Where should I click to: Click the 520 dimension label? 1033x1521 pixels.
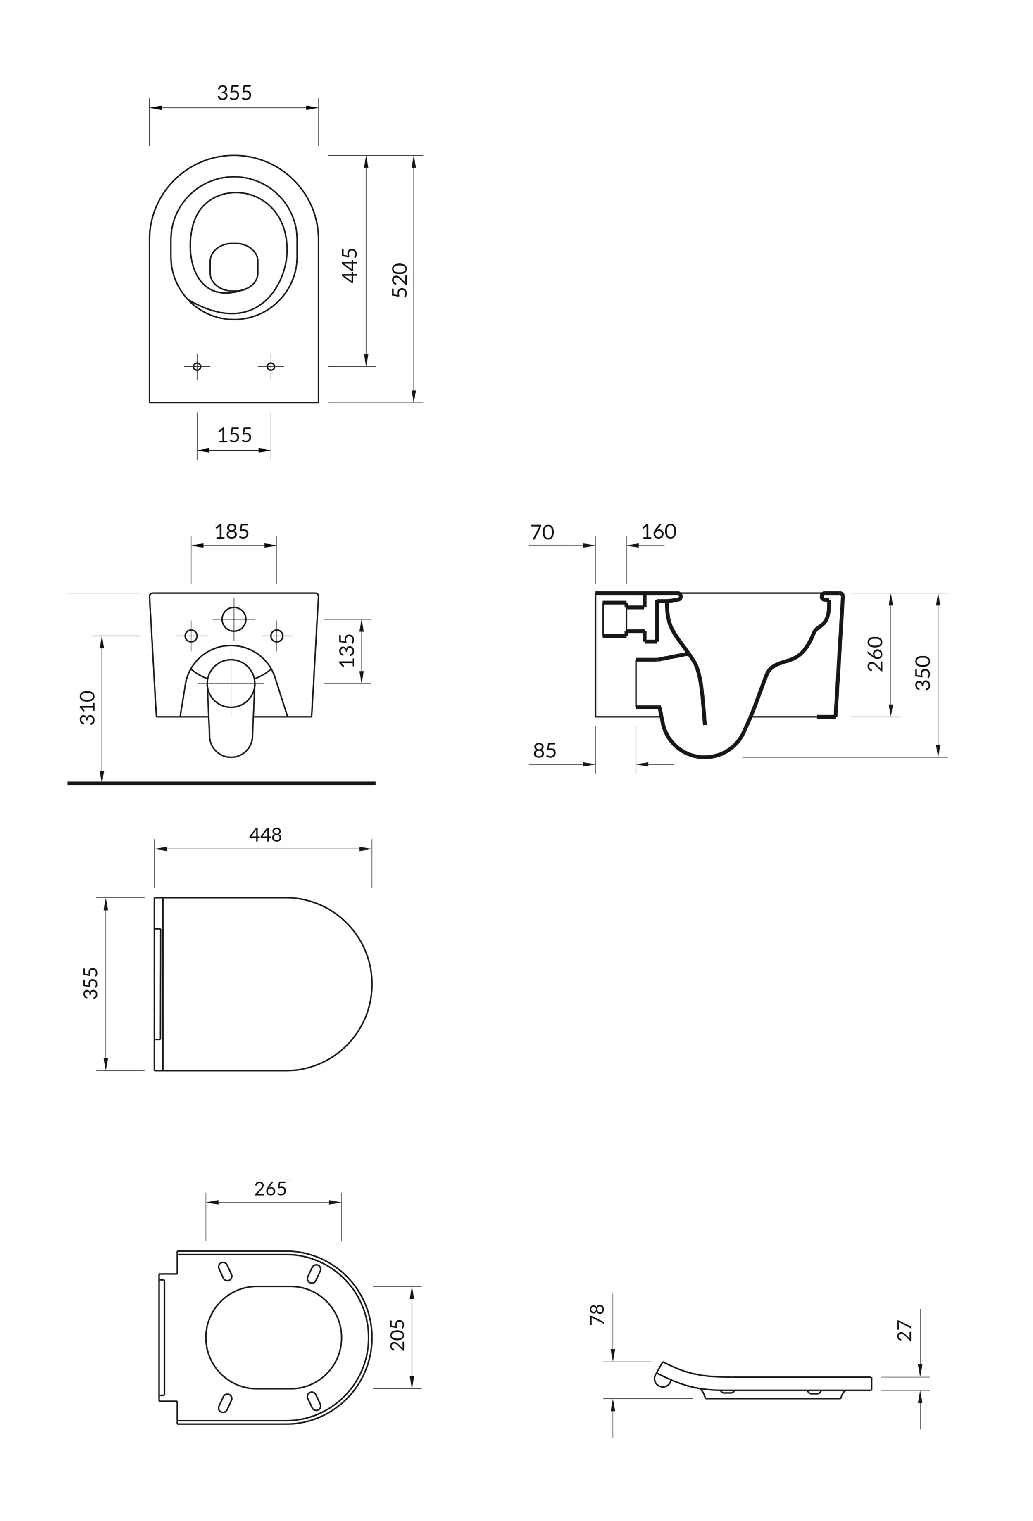(399, 280)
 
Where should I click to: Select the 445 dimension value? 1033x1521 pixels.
(350, 265)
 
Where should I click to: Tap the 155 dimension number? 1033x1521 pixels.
(234, 435)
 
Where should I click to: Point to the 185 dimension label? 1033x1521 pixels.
(232, 532)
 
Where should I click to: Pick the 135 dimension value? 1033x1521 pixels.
(347, 650)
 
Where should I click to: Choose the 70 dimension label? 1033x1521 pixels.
(542, 532)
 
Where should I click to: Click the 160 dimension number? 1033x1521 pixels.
(659, 532)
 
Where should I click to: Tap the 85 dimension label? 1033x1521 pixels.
(545, 751)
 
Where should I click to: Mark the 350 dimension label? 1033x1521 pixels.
(923, 673)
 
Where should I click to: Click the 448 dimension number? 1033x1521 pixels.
(265, 835)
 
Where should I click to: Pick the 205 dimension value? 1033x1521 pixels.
(397, 1335)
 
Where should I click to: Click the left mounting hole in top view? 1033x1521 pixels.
(197, 366)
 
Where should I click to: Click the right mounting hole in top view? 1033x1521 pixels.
(271, 366)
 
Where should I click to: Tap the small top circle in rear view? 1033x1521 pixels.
(234, 619)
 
